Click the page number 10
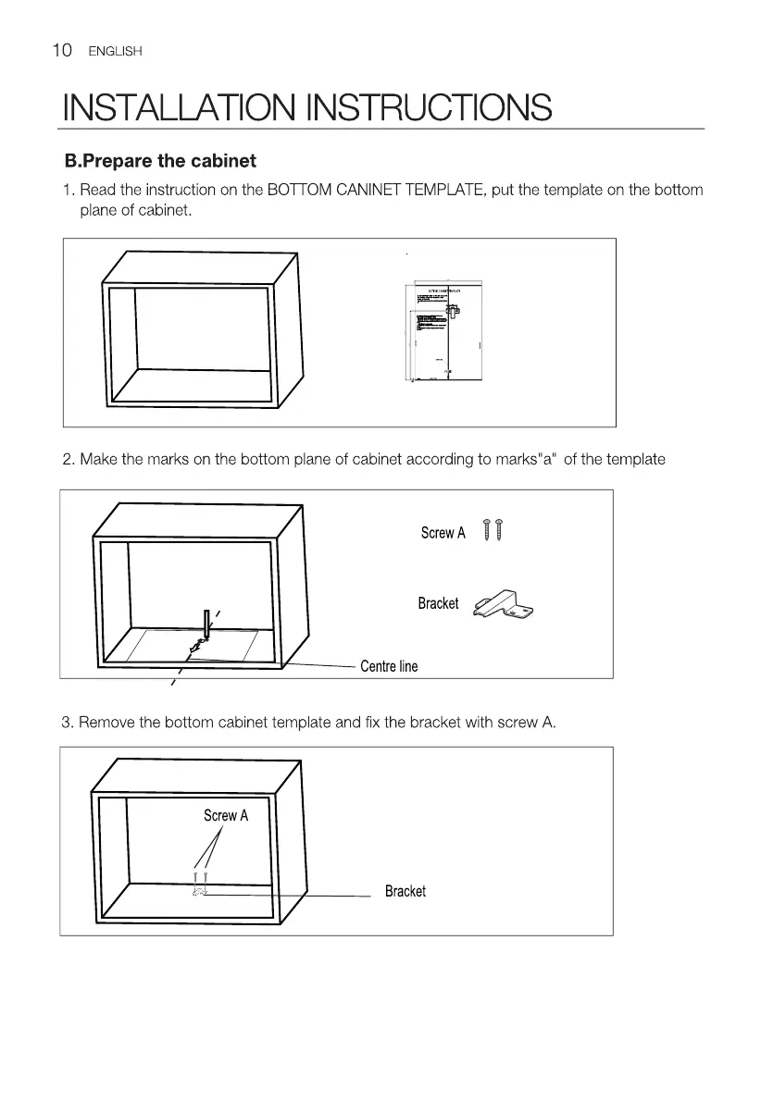coord(61,50)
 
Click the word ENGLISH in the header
coord(115,52)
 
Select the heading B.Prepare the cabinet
coord(160,161)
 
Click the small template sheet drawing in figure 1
coord(443,330)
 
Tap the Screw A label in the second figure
coord(443,533)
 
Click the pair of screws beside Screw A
coord(492,531)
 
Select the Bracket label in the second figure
coord(438,603)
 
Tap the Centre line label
coord(389,666)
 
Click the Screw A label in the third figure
coord(226,815)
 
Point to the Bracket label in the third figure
coord(405,891)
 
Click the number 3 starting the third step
coord(67,722)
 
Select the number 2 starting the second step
coord(67,459)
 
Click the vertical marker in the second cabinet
coord(207,623)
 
